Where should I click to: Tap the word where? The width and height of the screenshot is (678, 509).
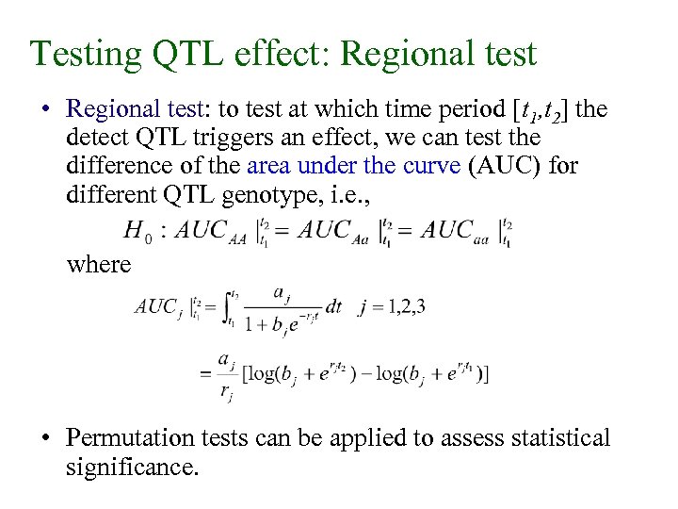[x=98, y=264]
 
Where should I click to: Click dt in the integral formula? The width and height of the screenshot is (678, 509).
[x=333, y=307]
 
